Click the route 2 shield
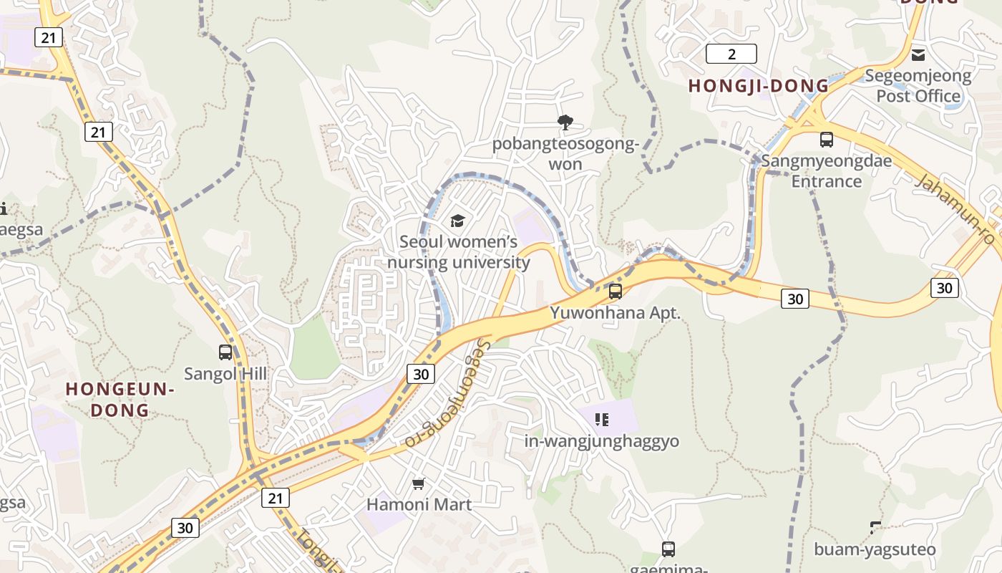pyautogui.click(x=731, y=54)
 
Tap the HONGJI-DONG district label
pyautogui.click(x=758, y=86)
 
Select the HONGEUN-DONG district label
pyautogui.click(x=120, y=400)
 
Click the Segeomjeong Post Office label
pyautogui.click(x=918, y=85)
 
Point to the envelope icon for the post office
pyautogui.click(x=918, y=55)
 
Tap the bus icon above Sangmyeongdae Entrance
pyautogui.click(x=826, y=140)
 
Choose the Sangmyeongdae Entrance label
pyautogui.click(x=826, y=170)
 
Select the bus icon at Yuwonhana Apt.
pyautogui.click(x=615, y=292)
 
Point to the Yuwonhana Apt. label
pyautogui.click(x=615, y=313)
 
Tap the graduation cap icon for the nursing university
pyautogui.click(x=457, y=221)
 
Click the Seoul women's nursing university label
pyautogui.click(x=458, y=252)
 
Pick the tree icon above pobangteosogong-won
pyautogui.click(x=565, y=122)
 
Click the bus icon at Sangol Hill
pyautogui.click(x=225, y=352)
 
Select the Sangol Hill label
pyautogui.click(x=225, y=374)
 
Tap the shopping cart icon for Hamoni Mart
pyautogui.click(x=419, y=484)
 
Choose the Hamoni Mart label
pyautogui.click(x=419, y=504)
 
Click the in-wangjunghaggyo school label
pyautogui.click(x=601, y=441)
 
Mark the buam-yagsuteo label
pyautogui.click(x=875, y=549)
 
